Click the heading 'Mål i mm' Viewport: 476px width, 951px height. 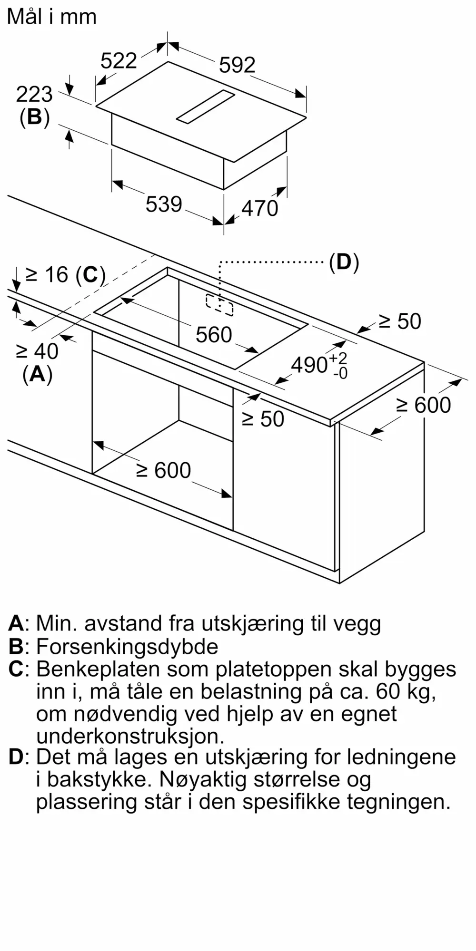[52, 17]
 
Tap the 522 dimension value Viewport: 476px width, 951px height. [119, 61]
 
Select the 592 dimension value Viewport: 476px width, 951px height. [237, 65]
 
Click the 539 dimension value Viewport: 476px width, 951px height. [164, 204]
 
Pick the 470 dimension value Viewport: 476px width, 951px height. [259, 208]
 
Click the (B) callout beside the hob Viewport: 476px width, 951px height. [35, 117]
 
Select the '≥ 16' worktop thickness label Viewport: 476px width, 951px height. [47, 274]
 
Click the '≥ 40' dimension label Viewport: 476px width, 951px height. [37, 351]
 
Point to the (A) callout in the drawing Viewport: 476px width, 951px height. [37, 374]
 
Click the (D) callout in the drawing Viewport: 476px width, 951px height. [344, 262]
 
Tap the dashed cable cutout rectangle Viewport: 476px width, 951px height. [219, 305]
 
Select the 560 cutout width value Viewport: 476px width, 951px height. [214, 335]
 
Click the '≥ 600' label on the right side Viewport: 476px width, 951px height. [424, 405]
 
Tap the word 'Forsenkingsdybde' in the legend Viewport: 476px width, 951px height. [127, 646]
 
